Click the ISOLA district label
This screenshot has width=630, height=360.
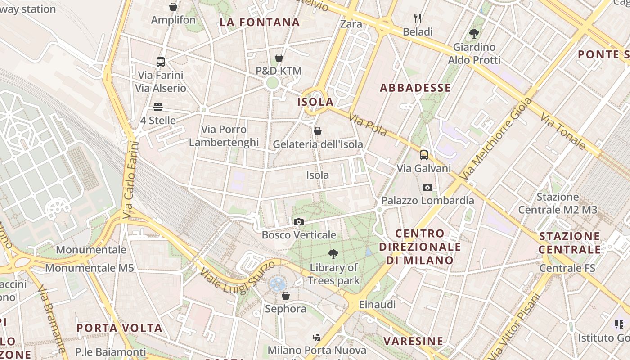(315, 102)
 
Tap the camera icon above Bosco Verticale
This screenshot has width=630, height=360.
(298, 222)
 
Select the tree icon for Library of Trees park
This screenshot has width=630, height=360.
(333, 254)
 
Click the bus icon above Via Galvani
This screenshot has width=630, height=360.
(423, 155)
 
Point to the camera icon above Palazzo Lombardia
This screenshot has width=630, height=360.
(427, 187)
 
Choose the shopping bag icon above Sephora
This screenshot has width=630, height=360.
(285, 296)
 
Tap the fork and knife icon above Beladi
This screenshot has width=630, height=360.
(418, 18)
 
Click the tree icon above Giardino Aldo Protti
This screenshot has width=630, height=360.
(474, 33)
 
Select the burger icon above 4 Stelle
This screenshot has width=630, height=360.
(157, 107)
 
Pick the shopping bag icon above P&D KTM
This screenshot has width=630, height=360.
(279, 58)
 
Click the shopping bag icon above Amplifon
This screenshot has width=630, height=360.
(173, 7)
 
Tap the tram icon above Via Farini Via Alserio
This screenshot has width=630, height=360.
(161, 62)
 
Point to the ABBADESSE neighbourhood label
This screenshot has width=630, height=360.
(415, 88)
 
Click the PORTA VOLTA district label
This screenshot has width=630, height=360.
(119, 328)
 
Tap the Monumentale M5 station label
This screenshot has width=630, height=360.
(90, 268)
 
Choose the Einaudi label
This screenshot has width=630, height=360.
(377, 305)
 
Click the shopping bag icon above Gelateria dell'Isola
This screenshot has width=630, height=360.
(318, 131)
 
